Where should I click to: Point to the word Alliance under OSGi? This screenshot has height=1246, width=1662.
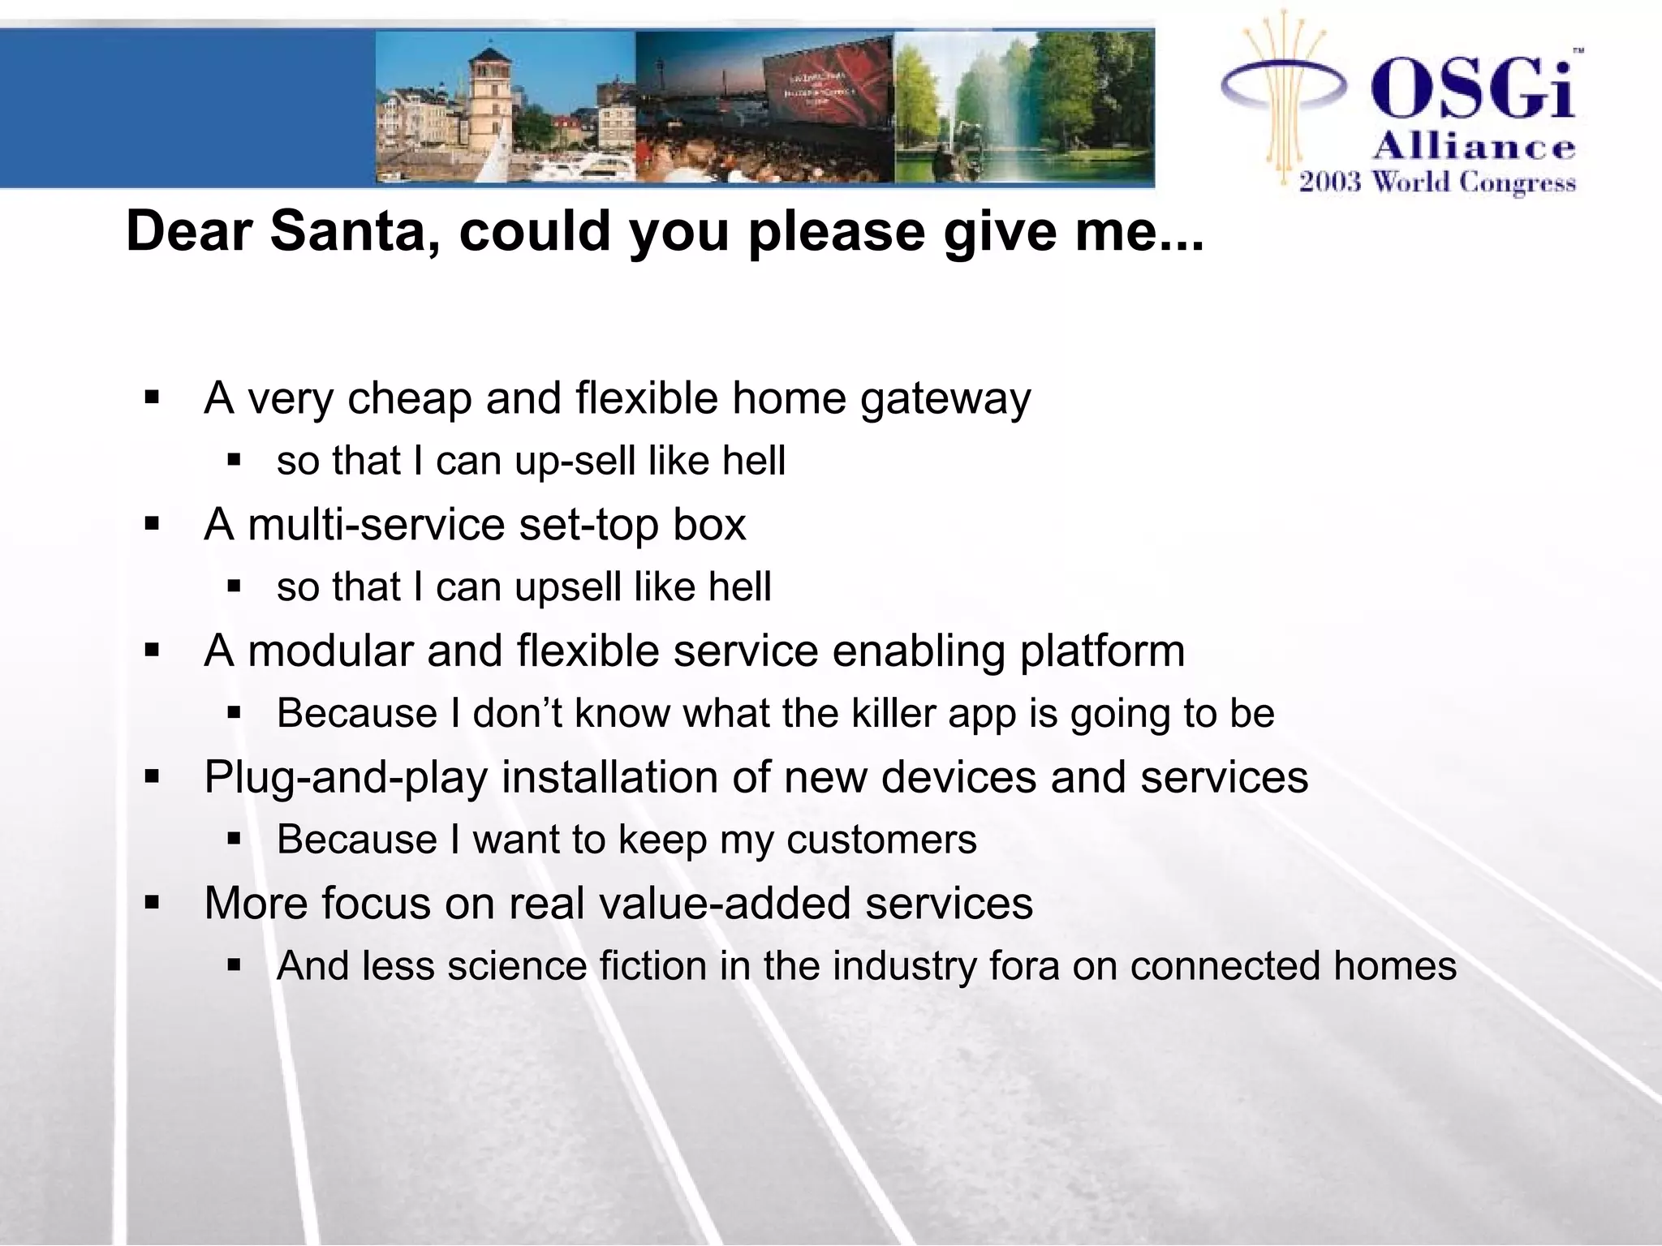tap(1474, 147)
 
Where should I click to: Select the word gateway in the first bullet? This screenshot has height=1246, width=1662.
tap(945, 399)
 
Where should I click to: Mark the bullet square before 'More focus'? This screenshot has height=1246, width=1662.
tap(152, 902)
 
